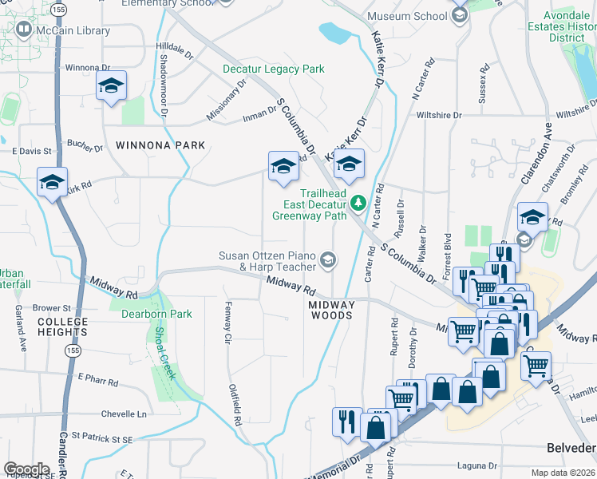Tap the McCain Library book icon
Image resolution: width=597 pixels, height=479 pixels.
24,30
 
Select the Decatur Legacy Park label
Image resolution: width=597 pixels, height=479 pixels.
274,69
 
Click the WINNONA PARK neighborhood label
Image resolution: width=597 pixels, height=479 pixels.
160,145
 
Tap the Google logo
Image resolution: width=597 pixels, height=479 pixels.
26,469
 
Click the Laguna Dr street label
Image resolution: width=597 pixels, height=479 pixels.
477,465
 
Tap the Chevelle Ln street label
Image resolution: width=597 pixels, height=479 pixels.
124,414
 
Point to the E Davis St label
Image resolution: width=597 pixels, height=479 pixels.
32,150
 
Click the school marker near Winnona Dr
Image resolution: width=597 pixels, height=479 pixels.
111,85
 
